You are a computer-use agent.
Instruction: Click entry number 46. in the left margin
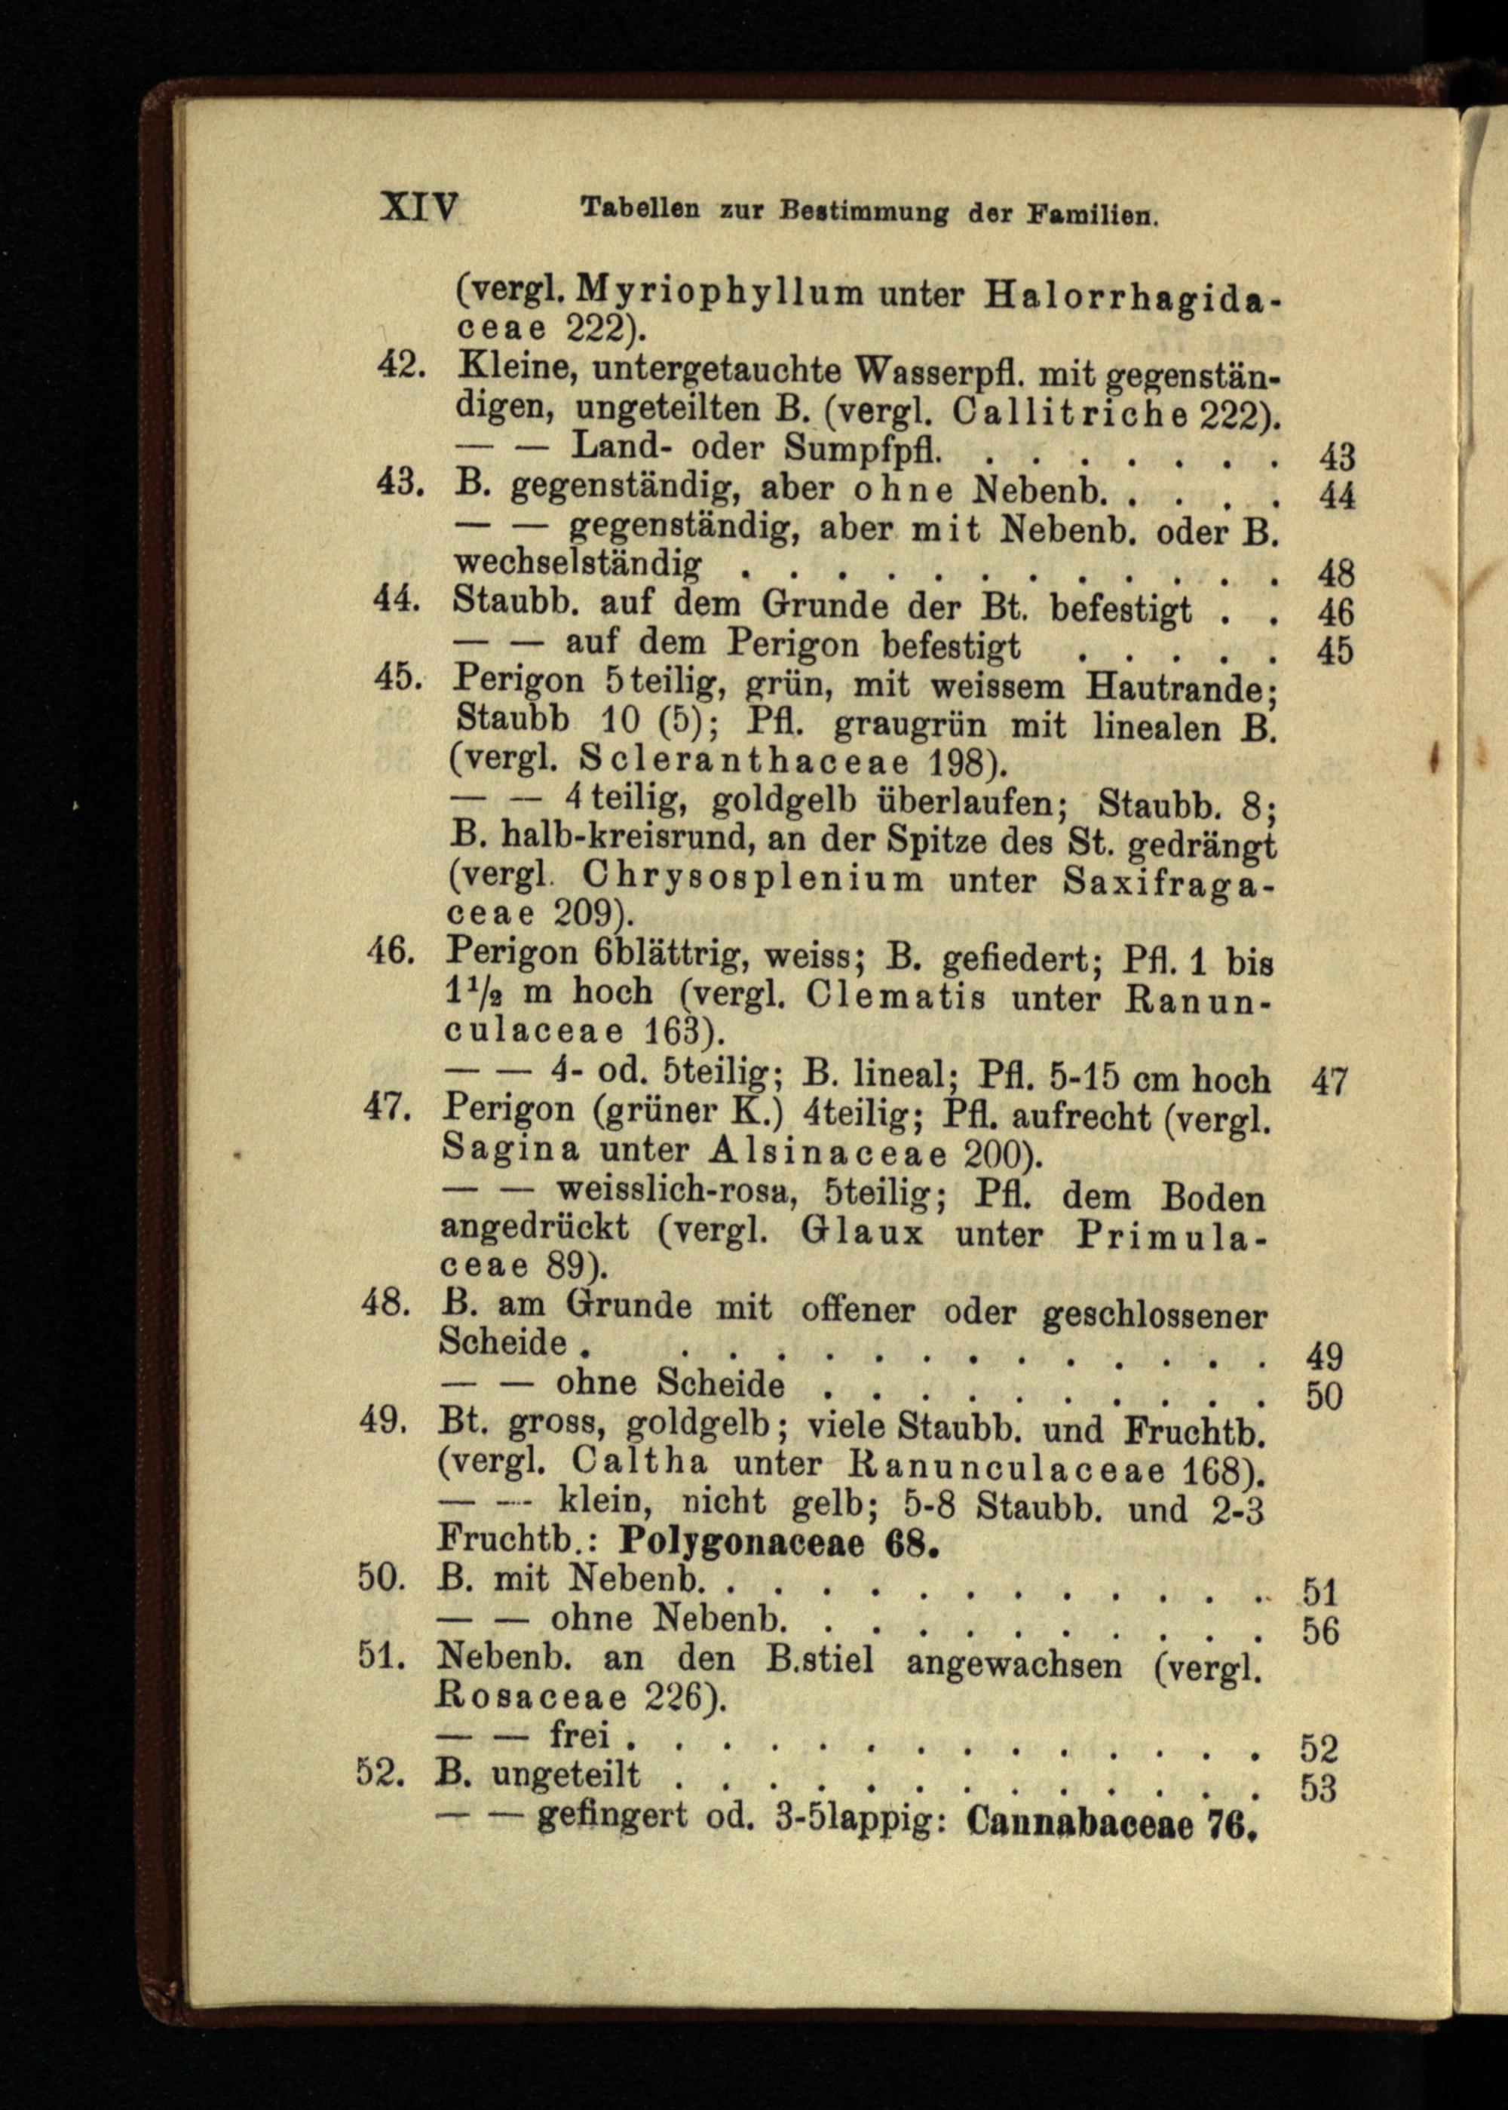pyautogui.click(x=390, y=950)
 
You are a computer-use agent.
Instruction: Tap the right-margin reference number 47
pyautogui.click(x=1328, y=1081)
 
